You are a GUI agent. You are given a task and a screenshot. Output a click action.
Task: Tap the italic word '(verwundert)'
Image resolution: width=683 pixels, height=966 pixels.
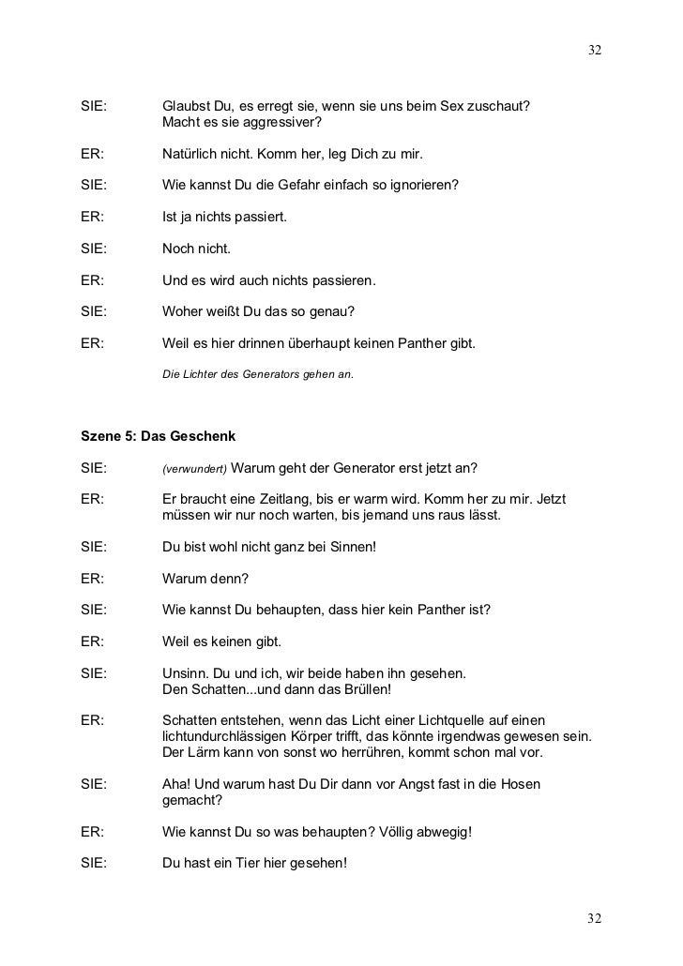tap(192, 469)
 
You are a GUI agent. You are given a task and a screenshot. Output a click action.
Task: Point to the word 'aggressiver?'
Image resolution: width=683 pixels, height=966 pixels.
tap(281, 122)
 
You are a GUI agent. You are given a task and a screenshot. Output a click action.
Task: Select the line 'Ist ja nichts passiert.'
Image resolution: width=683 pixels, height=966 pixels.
tap(224, 218)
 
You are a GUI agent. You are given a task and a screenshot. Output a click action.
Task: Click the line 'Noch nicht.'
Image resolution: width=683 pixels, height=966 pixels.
tap(196, 249)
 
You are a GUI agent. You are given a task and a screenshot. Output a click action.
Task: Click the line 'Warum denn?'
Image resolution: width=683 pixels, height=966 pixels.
tap(205, 579)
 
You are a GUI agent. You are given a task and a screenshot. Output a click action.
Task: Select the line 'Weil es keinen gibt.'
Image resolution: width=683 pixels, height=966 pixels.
tap(222, 641)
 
